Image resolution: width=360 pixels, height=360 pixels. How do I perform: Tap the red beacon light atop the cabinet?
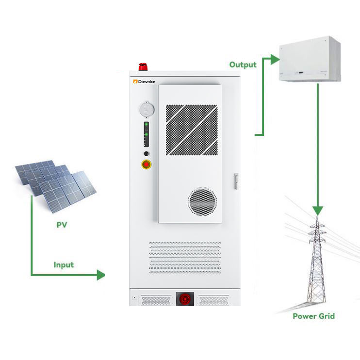(143, 67)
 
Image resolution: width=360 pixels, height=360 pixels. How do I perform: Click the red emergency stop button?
(146, 164)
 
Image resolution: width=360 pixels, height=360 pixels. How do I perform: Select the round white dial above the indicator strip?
(146, 109)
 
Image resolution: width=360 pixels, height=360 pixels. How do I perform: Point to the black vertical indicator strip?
(146, 134)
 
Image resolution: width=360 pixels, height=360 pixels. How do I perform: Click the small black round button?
(146, 153)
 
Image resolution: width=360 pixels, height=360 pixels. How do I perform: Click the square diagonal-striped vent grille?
(192, 129)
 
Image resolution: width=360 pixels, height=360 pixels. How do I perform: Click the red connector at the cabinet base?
(185, 299)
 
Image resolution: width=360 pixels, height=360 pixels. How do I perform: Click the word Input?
(64, 264)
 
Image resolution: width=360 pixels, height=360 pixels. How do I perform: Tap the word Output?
(244, 65)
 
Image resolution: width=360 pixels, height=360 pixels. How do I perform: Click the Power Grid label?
(313, 316)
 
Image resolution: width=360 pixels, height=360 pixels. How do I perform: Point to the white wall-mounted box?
(310, 59)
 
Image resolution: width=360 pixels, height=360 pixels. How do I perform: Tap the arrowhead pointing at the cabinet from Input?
(100, 275)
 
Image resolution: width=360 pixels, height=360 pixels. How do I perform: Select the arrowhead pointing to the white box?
(275, 59)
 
